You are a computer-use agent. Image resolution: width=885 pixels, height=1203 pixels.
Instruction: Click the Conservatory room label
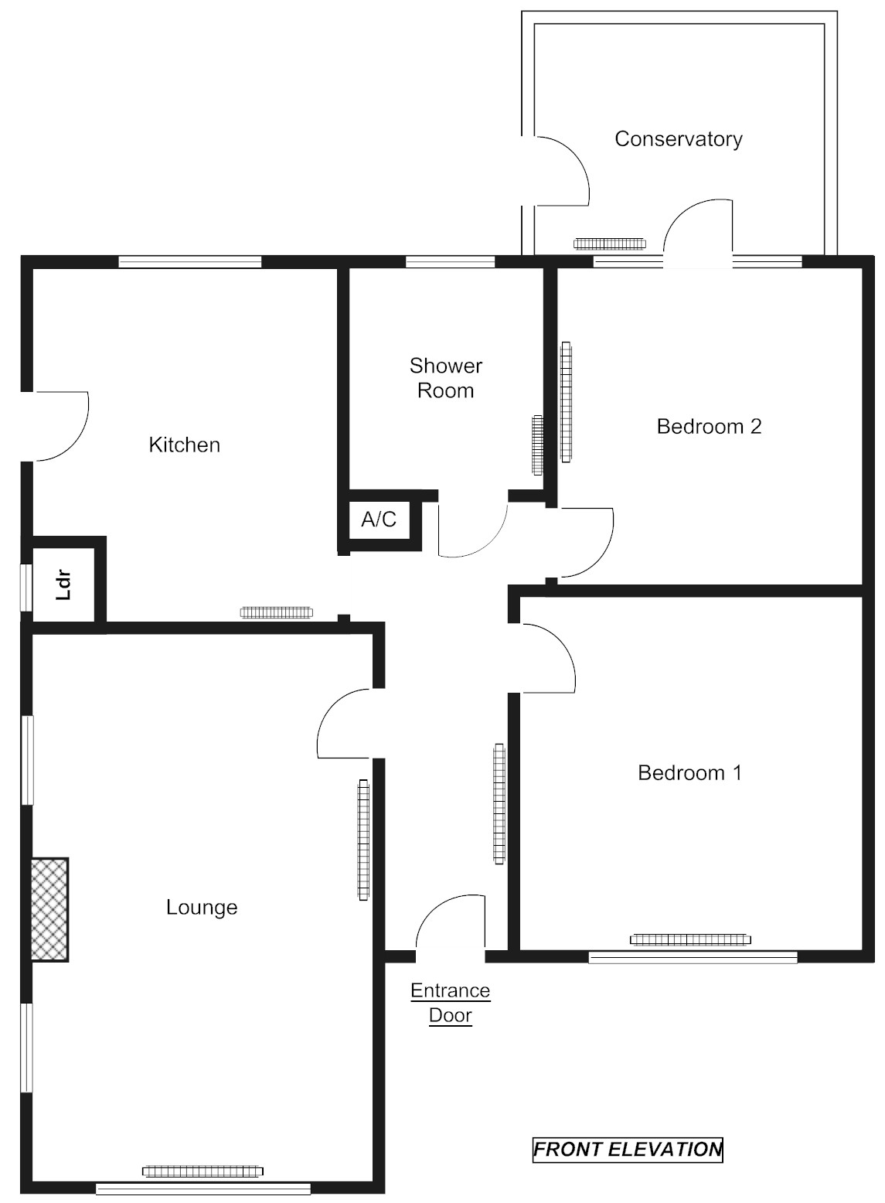point(678,139)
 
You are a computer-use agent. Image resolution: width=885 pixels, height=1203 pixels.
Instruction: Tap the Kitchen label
point(184,445)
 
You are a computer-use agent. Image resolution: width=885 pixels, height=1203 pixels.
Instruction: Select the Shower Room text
point(446,377)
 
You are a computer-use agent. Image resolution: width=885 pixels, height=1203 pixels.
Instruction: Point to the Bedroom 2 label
point(709,426)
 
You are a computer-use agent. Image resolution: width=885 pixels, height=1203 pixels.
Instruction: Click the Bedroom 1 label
point(689,772)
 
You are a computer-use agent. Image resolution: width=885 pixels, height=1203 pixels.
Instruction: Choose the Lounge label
point(202,907)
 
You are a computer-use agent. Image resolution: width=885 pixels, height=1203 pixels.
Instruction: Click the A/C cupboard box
point(379,520)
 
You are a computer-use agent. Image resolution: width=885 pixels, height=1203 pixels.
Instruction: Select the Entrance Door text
point(450,1003)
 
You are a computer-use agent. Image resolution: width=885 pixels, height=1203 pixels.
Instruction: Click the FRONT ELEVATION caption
point(628,1150)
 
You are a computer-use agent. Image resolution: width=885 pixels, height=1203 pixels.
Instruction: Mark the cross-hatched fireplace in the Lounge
point(50,909)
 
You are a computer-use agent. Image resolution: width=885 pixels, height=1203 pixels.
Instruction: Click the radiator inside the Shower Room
point(537,445)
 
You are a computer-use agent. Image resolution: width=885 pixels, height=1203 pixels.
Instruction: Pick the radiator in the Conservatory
point(609,244)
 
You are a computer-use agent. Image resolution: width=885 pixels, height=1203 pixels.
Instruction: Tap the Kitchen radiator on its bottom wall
point(277,612)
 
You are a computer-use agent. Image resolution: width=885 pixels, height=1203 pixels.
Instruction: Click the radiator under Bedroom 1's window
point(690,939)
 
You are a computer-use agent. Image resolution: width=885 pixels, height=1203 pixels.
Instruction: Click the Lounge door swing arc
point(344,723)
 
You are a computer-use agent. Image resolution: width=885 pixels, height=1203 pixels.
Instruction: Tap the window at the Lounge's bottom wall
point(203,1189)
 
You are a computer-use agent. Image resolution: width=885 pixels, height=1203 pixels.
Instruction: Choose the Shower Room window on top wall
point(450,261)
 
